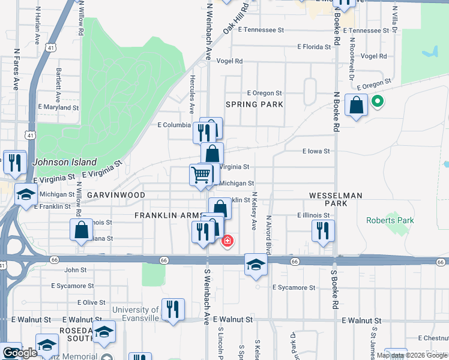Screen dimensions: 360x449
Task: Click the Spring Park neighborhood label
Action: pos(254,104)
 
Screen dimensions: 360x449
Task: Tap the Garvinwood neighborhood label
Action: pos(116,196)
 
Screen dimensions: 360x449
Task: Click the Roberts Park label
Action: pos(390,220)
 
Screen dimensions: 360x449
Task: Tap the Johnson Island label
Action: pos(64,162)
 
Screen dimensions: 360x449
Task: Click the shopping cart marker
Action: pos(201,175)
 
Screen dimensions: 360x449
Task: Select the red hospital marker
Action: pos(228,241)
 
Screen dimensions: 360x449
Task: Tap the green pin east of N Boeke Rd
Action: pos(377,102)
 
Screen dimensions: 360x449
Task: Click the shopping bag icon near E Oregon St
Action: pos(356,106)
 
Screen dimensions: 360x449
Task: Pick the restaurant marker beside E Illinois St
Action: pos(323,230)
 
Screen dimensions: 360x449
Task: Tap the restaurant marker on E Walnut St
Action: pos(172,310)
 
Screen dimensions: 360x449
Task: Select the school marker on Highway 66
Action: pos(256,265)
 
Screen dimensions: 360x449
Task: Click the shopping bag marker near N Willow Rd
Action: pos(81,230)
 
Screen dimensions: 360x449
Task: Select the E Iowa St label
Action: pos(316,152)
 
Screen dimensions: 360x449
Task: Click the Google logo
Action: pos(19,353)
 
